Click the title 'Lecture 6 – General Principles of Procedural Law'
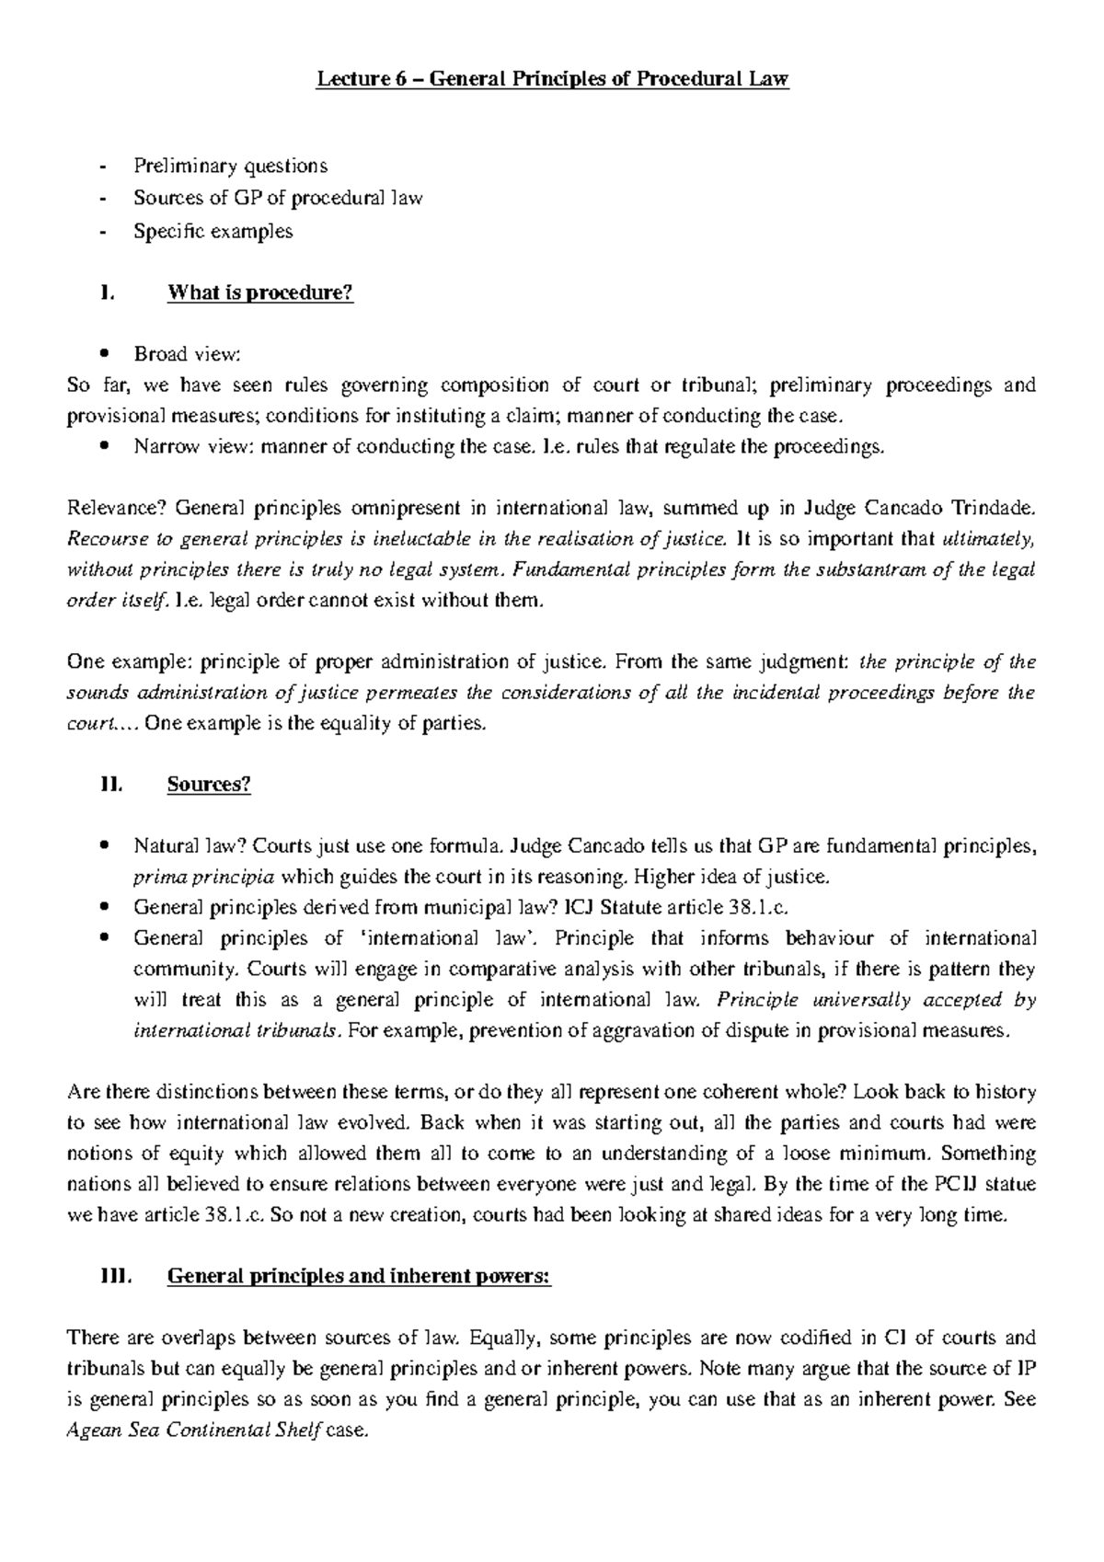click(x=552, y=80)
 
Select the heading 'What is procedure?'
click(x=259, y=293)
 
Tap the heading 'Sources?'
click(x=209, y=785)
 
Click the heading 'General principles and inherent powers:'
click(x=359, y=1277)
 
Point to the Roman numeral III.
click(x=117, y=1277)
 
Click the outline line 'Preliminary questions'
click(x=230, y=167)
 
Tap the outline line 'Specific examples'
click(x=213, y=231)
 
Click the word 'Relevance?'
click(x=117, y=508)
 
